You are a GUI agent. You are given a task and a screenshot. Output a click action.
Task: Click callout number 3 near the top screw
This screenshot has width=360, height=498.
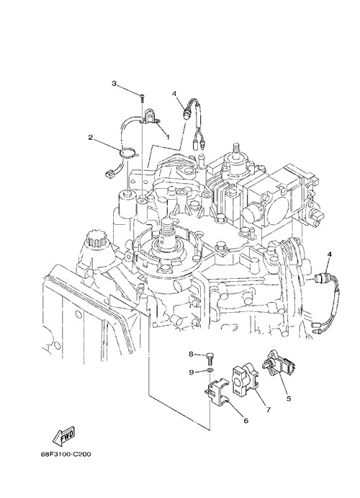[x=114, y=83]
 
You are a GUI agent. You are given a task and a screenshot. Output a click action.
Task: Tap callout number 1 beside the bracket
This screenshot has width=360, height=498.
[x=168, y=137]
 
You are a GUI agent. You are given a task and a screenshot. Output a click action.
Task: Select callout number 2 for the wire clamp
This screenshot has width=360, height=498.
[x=91, y=137]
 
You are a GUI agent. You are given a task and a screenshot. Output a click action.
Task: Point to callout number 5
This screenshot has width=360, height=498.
[x=289, y=399]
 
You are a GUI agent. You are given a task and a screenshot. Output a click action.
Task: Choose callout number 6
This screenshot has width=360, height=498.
[x=246, y=420]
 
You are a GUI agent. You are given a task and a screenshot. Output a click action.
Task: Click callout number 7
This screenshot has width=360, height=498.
[x=269, y=409]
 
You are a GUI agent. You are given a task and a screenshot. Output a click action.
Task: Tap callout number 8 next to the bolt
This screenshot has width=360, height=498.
[x=192, y=354]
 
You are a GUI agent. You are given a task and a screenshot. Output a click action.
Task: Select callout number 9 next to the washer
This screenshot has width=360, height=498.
[x=192, y=372]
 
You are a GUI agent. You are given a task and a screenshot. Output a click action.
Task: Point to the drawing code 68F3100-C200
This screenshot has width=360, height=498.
[x=66, y=455]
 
